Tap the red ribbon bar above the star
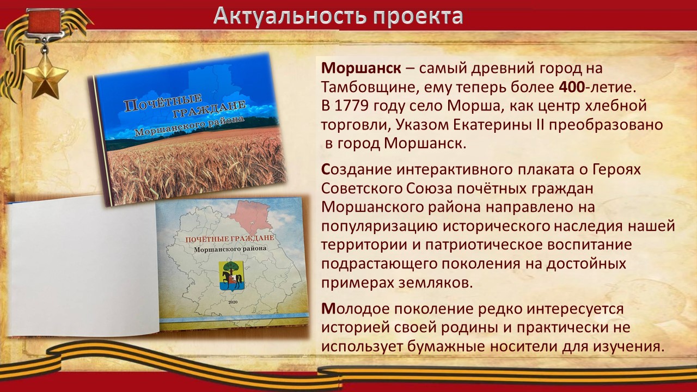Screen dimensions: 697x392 click(x=42, y=21)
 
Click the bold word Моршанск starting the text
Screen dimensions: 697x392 click(x=361, y=69)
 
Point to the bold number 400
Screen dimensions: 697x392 click(x=572, y=88)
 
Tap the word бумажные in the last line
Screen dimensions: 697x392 click(x=445, y=347)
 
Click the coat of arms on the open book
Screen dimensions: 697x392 click(x=230, y=276)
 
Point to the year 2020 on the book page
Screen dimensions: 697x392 click(x=233, y=302)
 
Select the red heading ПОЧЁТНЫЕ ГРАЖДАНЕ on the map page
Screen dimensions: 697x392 click(x=230, y=238)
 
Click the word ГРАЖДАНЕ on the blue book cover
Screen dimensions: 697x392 click(x=209, y=109)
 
